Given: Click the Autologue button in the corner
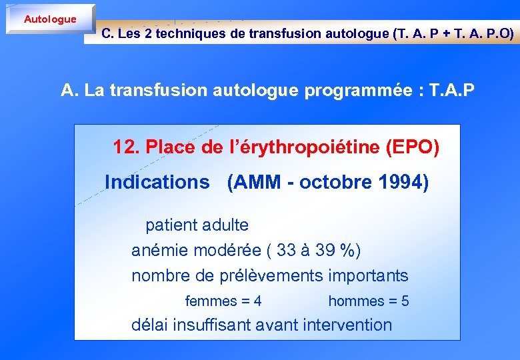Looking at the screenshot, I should click(50, 19).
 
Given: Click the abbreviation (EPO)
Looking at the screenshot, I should click(413, 147).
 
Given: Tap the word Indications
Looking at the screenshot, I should click(157, 182).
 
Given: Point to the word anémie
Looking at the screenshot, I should click(160, 251).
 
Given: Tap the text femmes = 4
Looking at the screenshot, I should click(223, 301).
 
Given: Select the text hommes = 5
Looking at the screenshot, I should click(369, 301).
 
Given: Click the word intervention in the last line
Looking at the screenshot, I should click(347, 325).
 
